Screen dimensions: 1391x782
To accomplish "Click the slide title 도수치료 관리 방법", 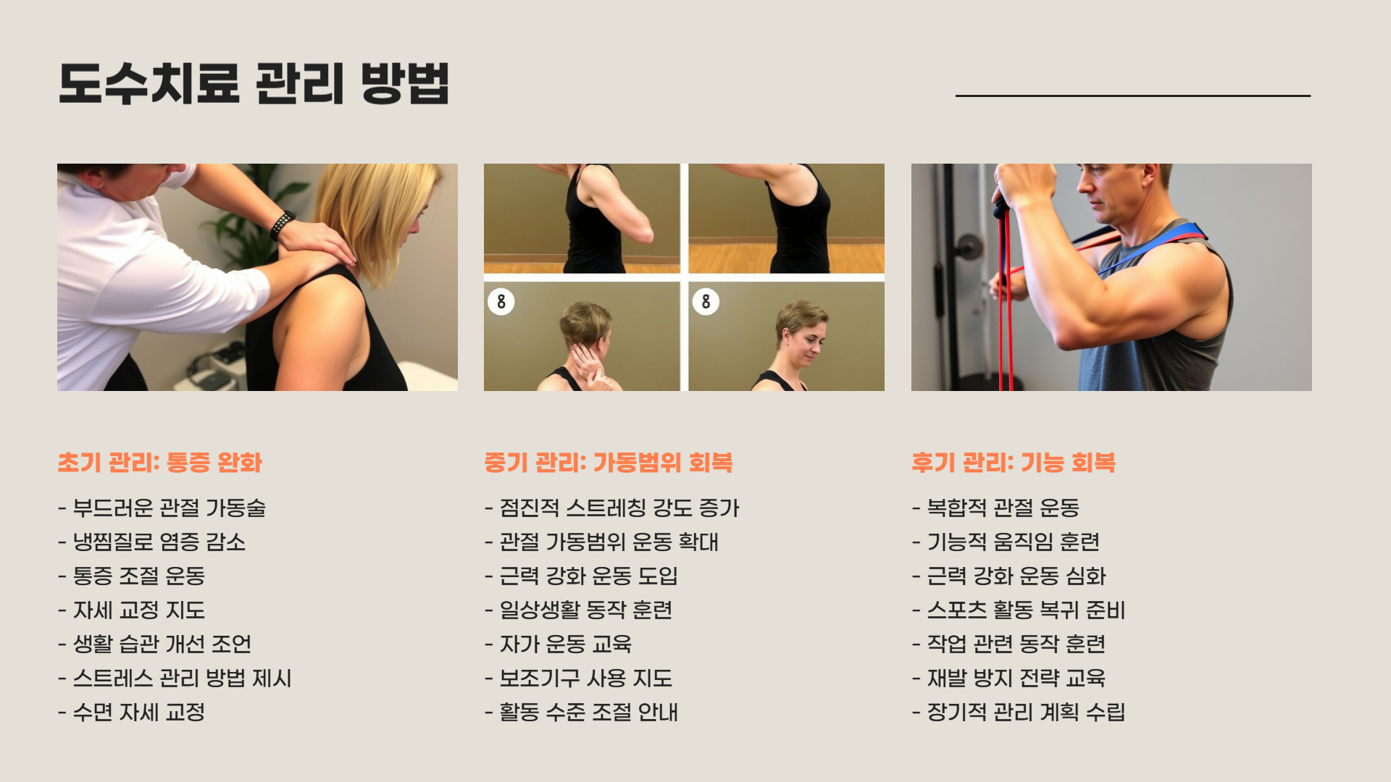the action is (254, 83).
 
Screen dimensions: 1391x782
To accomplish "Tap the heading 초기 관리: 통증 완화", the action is (159, 463).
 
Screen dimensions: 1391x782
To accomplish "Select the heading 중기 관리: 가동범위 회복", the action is (609, 463).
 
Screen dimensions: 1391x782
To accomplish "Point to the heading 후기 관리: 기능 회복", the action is (1014, 463).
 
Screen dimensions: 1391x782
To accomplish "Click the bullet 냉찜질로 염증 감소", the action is (152, 542).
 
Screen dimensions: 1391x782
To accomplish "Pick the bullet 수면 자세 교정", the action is (132, 712).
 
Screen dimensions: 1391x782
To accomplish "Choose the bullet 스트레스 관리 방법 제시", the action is (175, 678).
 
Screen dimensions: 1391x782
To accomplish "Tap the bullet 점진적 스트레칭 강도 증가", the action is (612, 508).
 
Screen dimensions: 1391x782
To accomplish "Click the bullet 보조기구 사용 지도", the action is (579, 678).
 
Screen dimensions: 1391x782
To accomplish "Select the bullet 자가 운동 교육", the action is (559, 644).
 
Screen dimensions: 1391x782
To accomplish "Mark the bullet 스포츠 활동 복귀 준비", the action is (1019, 610).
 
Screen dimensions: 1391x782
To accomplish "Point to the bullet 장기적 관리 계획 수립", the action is (1019, 712).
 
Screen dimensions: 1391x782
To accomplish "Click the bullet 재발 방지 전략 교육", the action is (1009, 678).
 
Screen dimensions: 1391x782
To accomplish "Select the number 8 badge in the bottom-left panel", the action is (501, 301).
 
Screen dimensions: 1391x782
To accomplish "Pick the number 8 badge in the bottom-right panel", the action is (706, 301).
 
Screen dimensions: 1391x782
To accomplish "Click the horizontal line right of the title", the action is (1133, 96).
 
